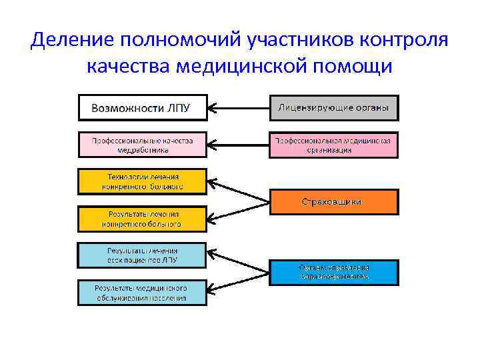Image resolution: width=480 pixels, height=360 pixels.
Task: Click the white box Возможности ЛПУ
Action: [143, 107]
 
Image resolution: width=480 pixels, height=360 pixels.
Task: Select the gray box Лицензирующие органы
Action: [334, 107]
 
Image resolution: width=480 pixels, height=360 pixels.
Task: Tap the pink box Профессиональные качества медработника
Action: [143, 145]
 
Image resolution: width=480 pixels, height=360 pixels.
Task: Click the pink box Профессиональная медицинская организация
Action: [334, 145]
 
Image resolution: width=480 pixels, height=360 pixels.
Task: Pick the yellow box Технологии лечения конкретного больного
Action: [143, 181]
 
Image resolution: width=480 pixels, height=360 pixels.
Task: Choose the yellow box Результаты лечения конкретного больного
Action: [143, 219]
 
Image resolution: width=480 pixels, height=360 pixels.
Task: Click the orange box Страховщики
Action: [334, 201]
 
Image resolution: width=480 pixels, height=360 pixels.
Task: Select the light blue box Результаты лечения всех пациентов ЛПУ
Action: [143, 255]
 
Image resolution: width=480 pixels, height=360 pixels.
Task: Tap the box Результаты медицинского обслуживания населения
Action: [143, 293]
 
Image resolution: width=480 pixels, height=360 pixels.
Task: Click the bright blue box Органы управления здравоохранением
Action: [334, 272]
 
